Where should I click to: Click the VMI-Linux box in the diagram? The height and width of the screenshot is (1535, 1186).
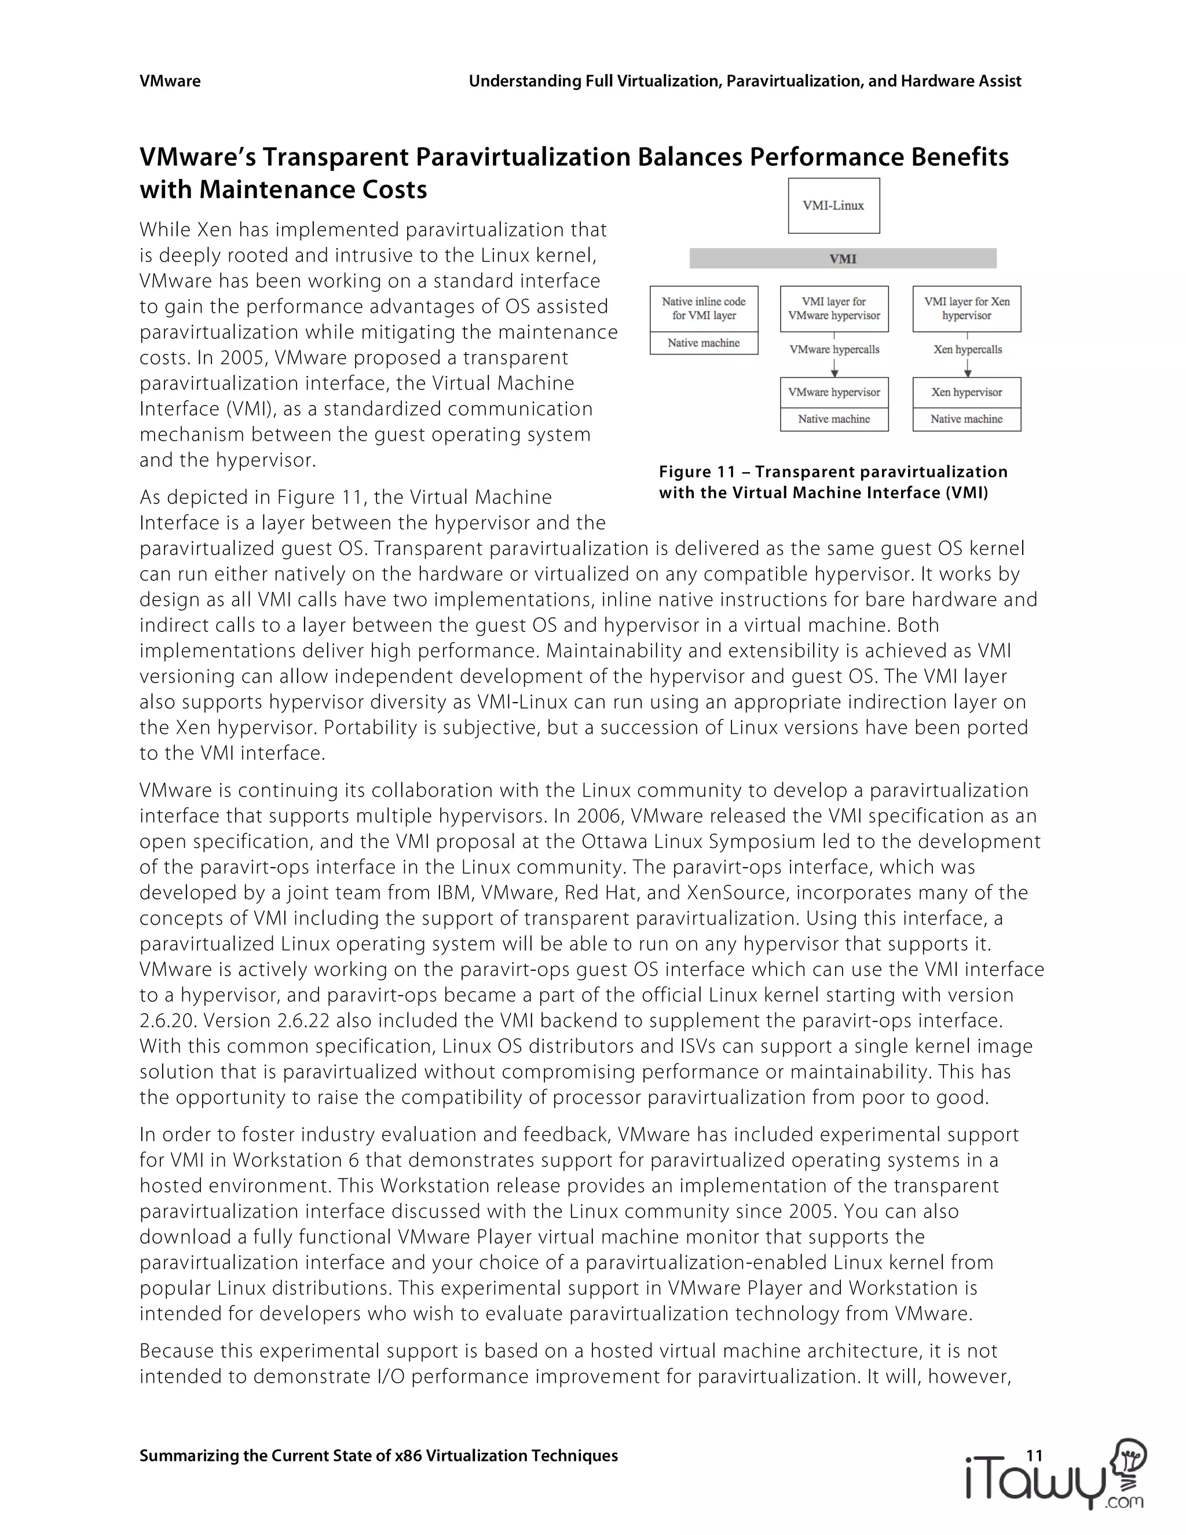pos(833,205)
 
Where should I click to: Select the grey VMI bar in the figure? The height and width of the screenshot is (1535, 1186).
pos(843,259)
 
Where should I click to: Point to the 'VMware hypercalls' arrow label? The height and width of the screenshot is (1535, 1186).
pos(834,349)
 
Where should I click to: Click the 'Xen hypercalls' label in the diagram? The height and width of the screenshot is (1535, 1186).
pos(968,349)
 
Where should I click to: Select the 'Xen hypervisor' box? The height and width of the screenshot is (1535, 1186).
pos(966,392)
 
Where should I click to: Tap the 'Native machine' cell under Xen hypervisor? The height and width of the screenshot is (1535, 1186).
pos(966,419)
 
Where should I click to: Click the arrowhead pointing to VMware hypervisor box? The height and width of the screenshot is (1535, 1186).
pos(834,372)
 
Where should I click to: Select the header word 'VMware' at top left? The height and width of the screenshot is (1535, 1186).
pos(170,81)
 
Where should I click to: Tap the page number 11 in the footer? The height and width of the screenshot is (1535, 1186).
pos(1034,1455)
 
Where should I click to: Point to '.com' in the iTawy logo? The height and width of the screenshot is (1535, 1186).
pos(1124,1503)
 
